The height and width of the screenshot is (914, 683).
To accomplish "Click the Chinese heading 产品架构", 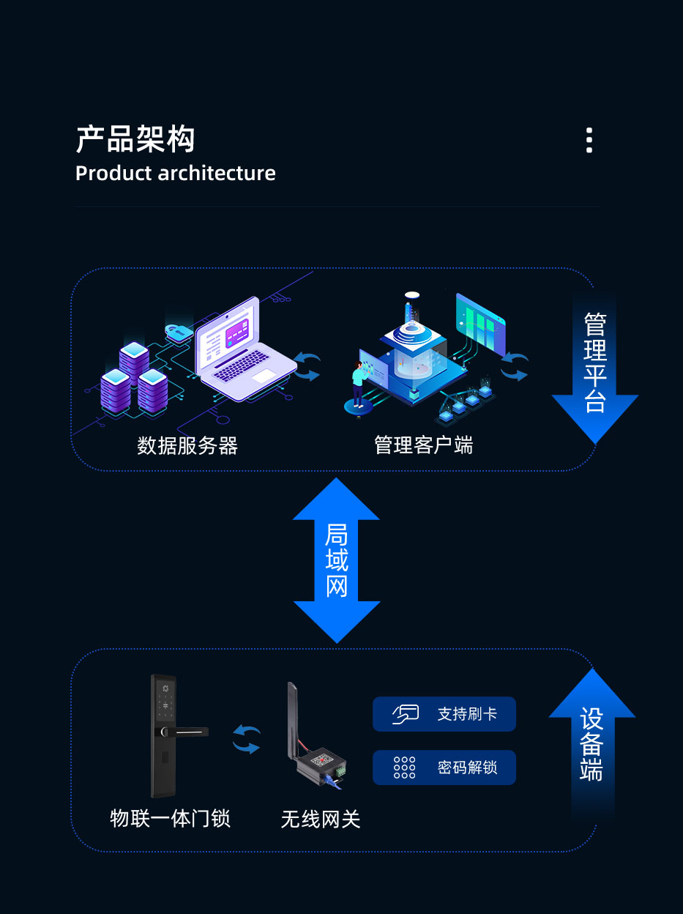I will tap(135, 139).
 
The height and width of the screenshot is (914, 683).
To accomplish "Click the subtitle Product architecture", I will tap(176, 174).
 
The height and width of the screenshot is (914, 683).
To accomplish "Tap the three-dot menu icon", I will tap(589, 140).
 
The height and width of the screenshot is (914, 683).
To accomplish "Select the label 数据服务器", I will tap(187, 445).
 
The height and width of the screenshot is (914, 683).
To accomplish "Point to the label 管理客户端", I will tap(423, 445).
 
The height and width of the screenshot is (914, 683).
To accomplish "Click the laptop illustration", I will tap(242, 352).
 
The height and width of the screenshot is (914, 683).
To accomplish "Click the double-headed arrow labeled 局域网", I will tap(337, 560).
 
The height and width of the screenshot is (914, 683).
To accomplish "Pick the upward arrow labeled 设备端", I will tap(591, 740).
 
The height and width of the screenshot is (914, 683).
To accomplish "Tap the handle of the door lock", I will tap(187, 732).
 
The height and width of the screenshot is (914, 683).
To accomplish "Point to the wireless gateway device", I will tap(316, 754).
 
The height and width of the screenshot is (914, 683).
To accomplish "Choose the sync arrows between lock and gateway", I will tap(247, 740).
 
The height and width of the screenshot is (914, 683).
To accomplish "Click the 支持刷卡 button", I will tap(444, 714).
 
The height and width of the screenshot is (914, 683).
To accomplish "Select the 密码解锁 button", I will tap(444, 768).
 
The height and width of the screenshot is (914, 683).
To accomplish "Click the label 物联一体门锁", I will tap(170, 818).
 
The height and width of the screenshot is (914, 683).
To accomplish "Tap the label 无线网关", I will tap(321, 819).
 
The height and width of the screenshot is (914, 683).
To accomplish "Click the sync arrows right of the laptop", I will tap(307, 366).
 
